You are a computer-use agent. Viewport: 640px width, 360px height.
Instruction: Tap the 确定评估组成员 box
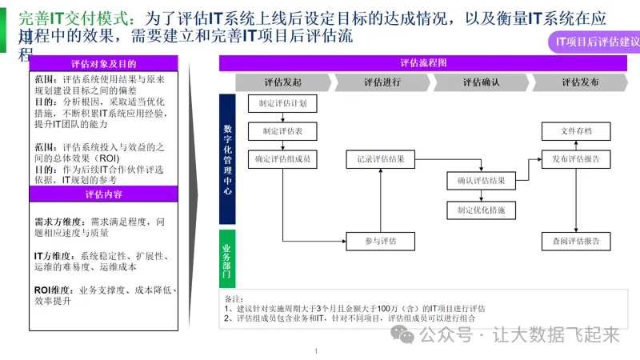coord(282,159)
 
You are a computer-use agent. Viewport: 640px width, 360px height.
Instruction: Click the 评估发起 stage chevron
coord(282,82)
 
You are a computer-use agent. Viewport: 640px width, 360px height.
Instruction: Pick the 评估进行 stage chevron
coord(382,82)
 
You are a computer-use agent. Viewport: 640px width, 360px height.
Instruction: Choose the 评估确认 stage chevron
coord(481,82)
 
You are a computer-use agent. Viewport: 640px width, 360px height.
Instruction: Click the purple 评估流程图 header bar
coord(429,63)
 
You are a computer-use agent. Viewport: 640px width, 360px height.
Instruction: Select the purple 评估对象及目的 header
coord(103,63)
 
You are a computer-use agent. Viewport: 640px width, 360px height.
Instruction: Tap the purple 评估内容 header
coord(103,194)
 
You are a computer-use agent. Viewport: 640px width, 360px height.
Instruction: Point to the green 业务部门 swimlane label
coord(227,258)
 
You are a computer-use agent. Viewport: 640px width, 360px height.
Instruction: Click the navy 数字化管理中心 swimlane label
coord(227,158)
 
